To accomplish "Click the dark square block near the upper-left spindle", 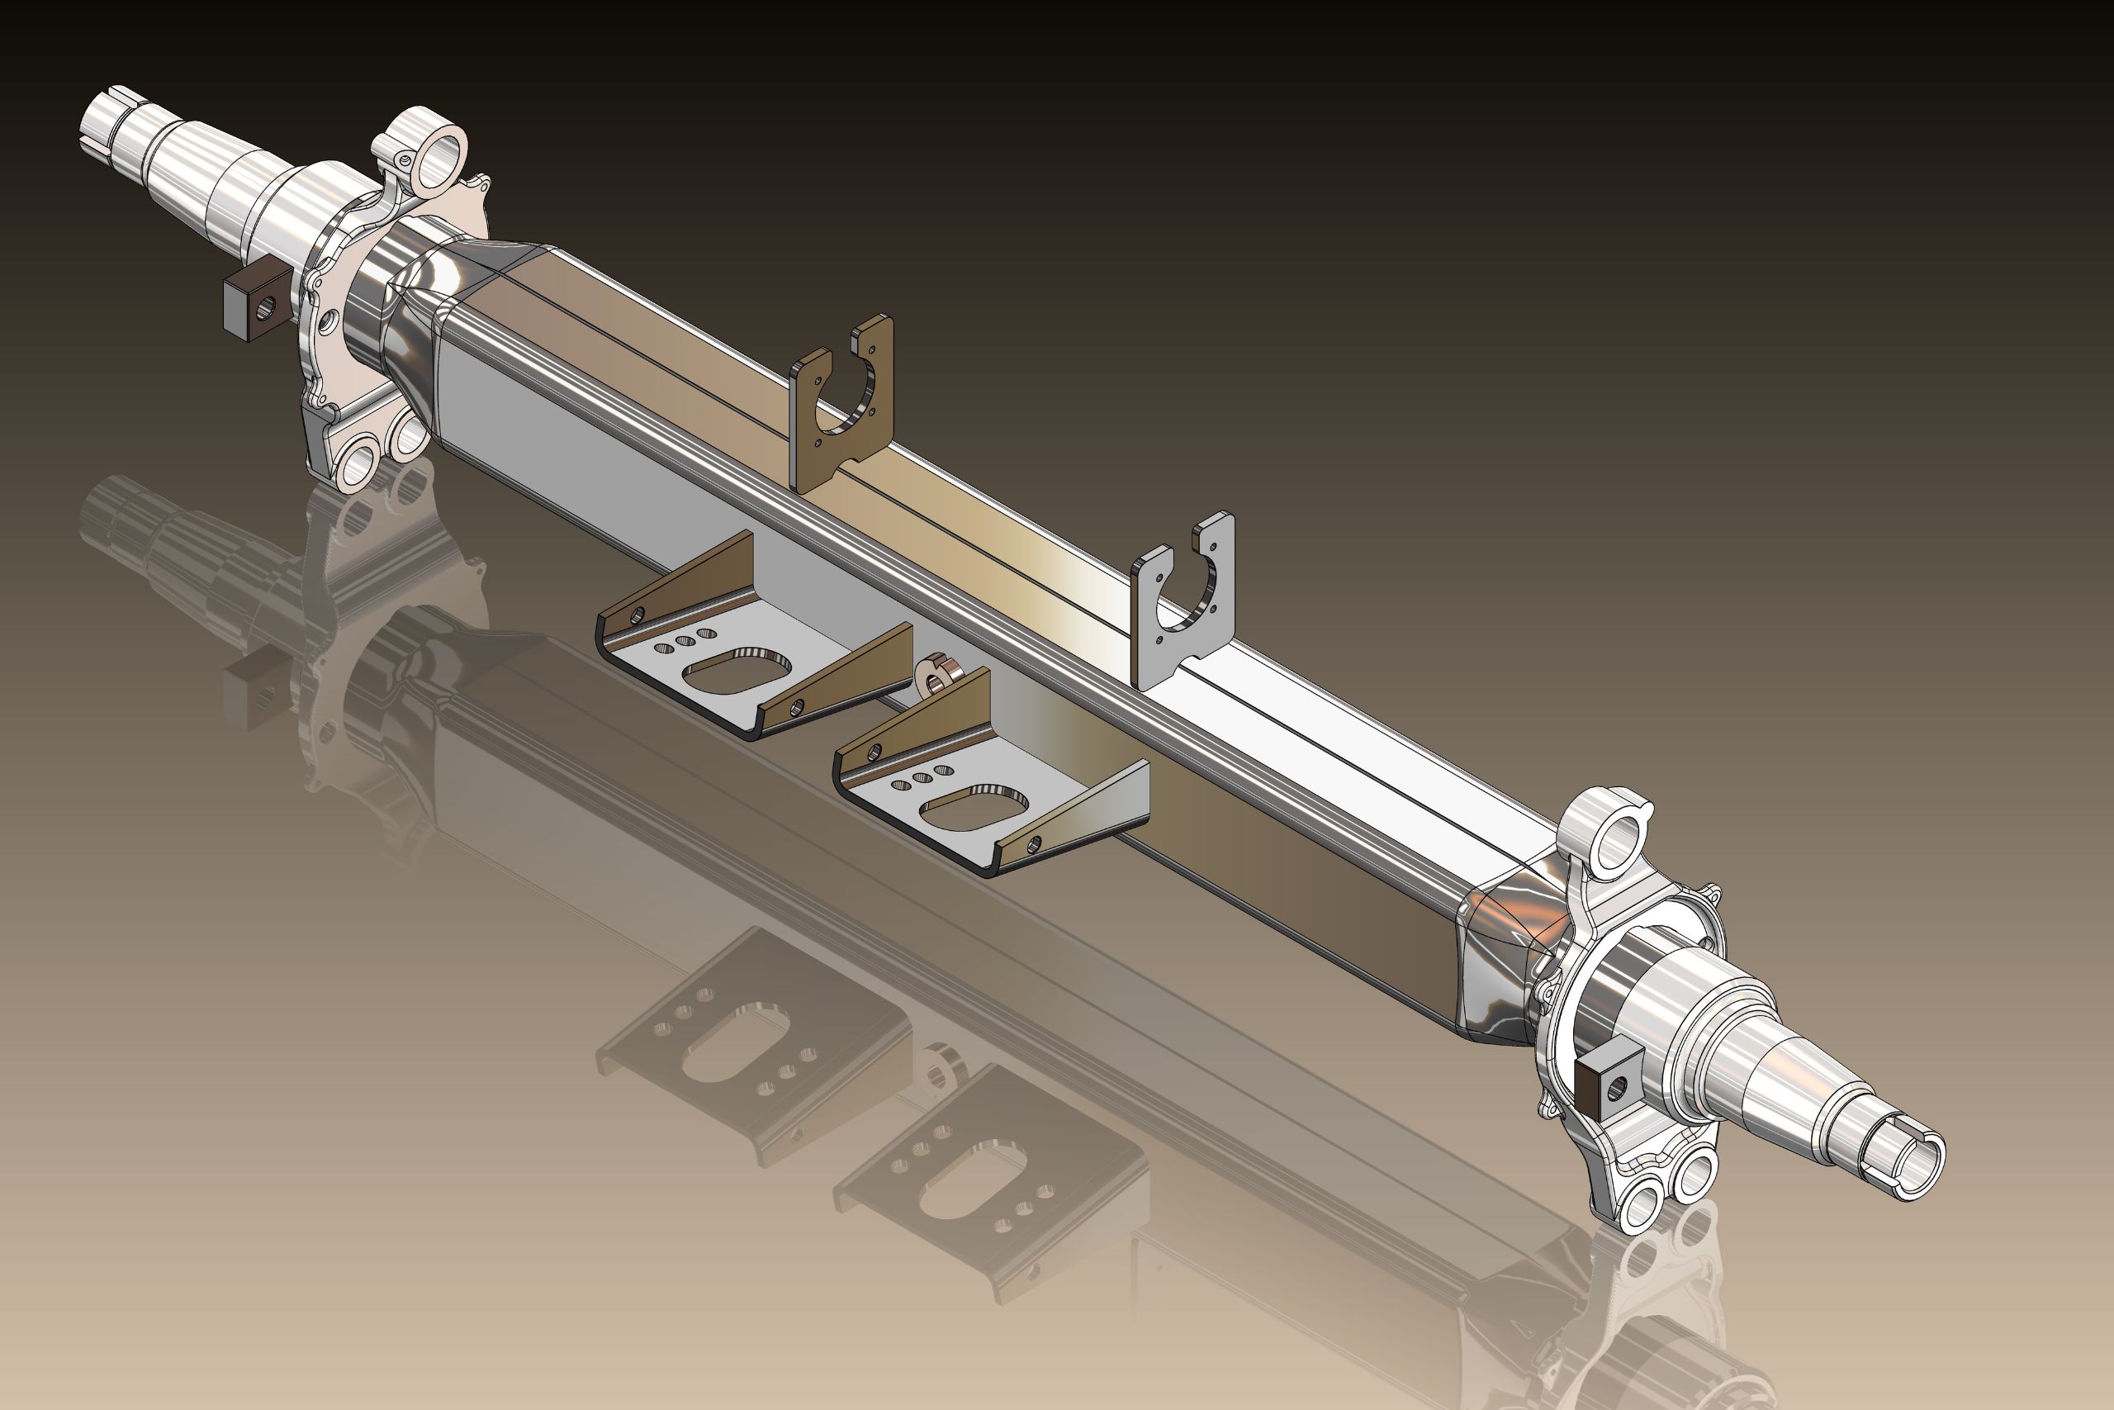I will (258, 304).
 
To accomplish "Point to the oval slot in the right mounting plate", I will (974, 808).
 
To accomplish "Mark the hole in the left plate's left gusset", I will (638, 616).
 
